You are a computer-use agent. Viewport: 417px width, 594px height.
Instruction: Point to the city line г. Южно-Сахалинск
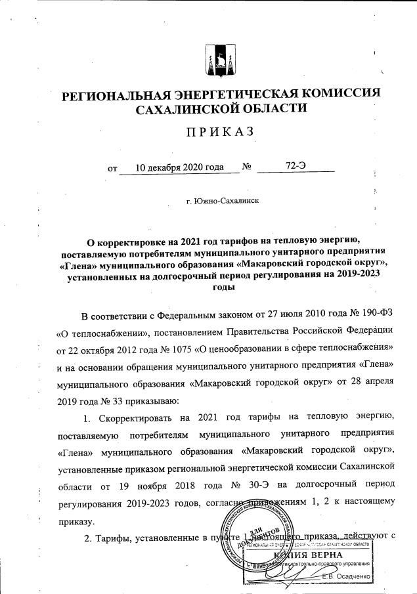[223, 200]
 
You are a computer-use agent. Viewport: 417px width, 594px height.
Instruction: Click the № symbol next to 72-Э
[248, 167]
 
